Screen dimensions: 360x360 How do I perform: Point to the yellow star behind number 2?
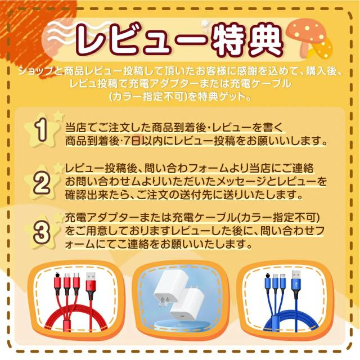click(x=41, y=181)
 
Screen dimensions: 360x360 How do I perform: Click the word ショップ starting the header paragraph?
click(x=35, y=70)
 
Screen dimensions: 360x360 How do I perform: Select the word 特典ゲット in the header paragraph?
click(x=219, y=96)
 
